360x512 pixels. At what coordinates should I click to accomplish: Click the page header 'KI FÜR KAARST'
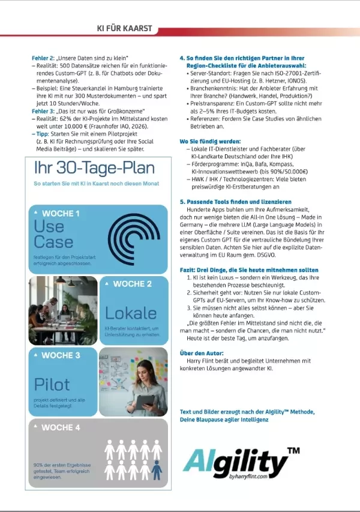click(x=124, y=28)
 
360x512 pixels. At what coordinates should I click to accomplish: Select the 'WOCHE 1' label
click(x=60, y=213)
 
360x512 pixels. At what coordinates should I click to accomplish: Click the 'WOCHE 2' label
click(x=132, y=284)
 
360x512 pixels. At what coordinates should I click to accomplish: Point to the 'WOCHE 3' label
click(x=61, y=355)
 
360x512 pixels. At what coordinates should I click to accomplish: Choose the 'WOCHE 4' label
click(x=61, y=427)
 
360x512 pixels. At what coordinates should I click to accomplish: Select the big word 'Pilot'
click(x=52, y=384)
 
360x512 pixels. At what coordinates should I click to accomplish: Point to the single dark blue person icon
click(x=157, y=470)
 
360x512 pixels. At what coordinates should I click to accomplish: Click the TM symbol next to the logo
click(x=294, y=450)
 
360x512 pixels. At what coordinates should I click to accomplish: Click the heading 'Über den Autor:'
click(x=203, y=353)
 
